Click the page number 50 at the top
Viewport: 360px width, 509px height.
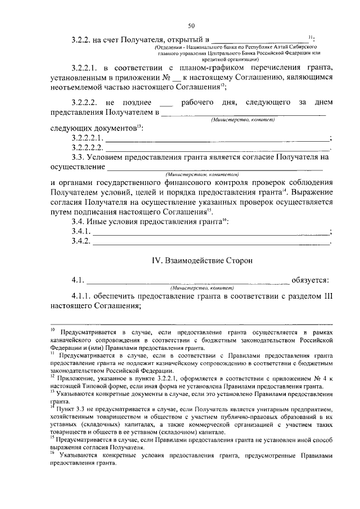191,26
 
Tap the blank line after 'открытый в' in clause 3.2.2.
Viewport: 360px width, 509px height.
259,40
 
